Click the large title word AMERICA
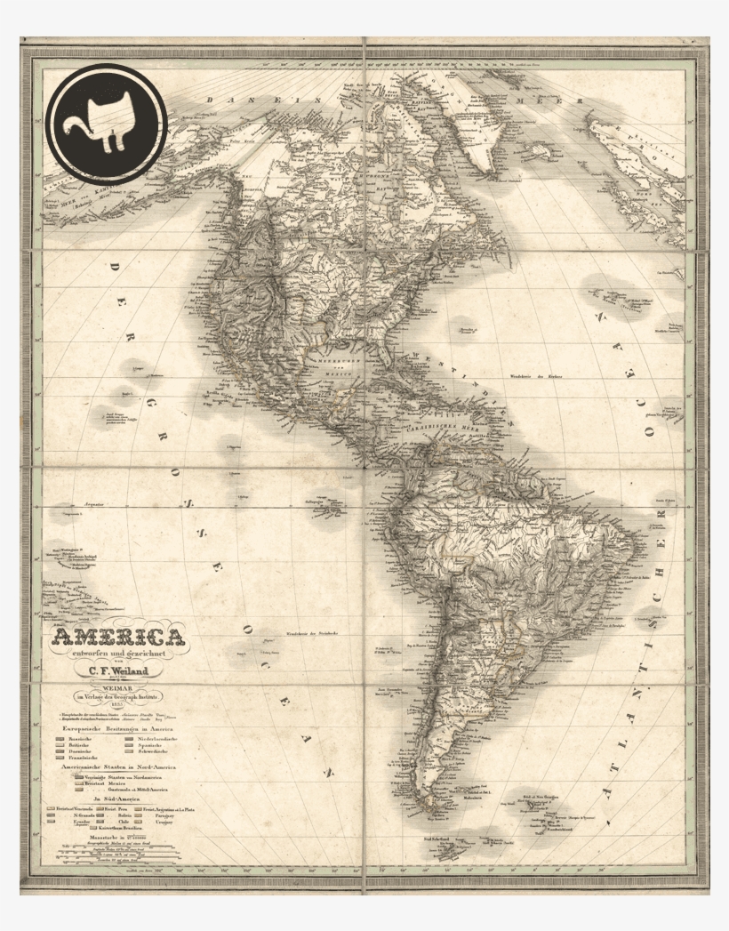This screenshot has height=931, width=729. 119,638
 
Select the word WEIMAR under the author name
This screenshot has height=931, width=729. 116,686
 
